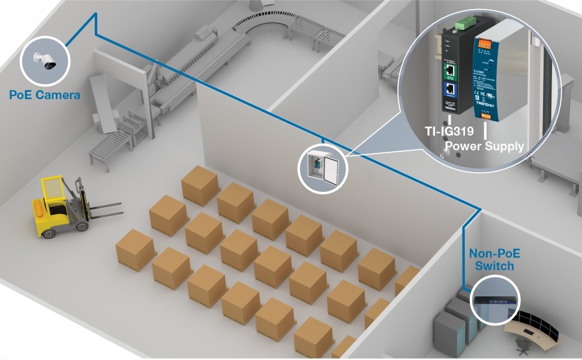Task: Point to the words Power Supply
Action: pos(483,146)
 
